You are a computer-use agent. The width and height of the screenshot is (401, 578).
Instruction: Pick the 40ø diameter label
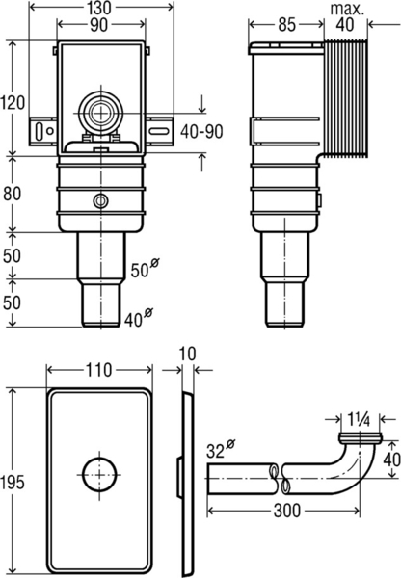141,315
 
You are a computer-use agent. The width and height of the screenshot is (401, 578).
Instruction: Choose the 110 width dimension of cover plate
97,369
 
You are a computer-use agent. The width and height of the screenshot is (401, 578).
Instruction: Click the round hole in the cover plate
97,476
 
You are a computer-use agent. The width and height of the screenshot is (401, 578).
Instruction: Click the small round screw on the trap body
99,201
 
